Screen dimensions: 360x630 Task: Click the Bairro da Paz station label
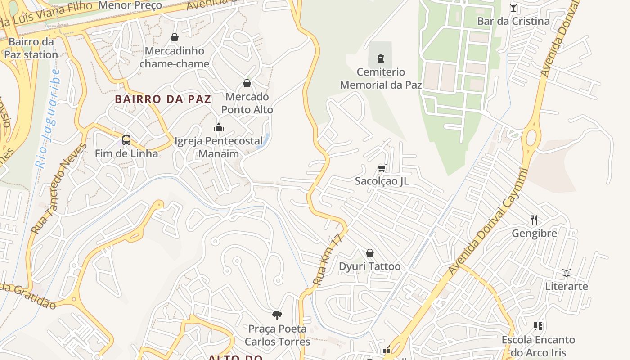point(31,48)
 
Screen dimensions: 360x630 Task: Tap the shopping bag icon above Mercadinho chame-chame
point(175,37)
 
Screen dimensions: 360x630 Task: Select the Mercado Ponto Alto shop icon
point(247,83)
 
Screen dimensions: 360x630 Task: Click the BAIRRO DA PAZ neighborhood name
point(163,99)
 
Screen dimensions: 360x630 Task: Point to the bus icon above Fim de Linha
point(126,140)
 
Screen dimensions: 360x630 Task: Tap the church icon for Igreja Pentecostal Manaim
point(219,127)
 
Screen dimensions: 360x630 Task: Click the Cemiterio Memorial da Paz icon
point(381,58)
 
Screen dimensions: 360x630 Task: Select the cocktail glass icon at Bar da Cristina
point(513,8)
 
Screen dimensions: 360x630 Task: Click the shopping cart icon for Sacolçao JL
point(382,168)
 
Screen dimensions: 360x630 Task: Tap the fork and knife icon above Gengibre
point(534,220)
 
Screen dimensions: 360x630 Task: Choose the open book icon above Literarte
point(566,273)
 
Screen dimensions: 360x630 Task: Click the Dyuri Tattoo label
point(369,266)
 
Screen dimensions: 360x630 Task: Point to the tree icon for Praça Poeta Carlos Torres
point(277,315)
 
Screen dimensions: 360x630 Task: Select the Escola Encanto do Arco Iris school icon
point(538,326)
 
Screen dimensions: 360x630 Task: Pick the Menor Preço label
point(130,5)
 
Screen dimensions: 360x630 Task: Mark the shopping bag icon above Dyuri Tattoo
point(369,253)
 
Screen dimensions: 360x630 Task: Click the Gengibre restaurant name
point(534,233)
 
